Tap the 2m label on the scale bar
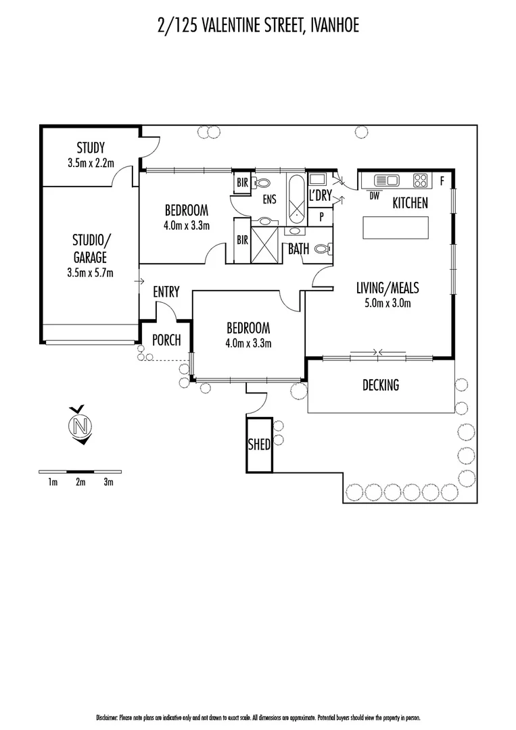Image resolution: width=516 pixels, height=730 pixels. [x=80, y=482]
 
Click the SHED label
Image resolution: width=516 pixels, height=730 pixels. [x=260, y=445]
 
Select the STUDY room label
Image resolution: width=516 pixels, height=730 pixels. [x=90, y=148]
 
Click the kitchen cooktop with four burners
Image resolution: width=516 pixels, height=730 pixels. [x=420, y=180]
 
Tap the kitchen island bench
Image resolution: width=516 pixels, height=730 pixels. [x=396, y=227]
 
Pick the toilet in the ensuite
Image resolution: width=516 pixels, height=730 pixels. [x=263, y=182]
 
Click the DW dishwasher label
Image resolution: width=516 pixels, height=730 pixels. [x=374, y=196]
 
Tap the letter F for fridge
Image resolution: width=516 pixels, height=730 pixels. [x=442, y=180]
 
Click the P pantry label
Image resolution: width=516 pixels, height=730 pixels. [x=321, y=216]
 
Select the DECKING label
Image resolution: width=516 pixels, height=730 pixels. [x=380, y=385]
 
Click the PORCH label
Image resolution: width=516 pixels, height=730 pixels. [x=166, y=340]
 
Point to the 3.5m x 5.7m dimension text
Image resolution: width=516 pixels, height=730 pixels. [x=90, y=273]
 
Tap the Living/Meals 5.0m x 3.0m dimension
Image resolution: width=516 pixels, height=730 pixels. [x=383, y=303]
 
